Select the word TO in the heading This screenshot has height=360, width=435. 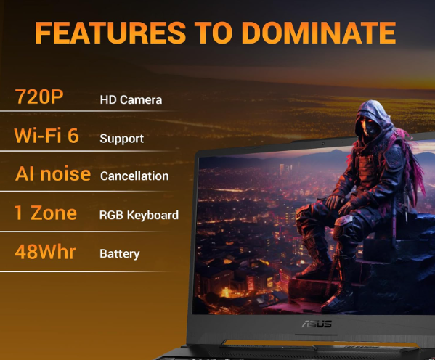tap(220, 33)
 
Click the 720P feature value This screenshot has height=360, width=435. tap(39, 97)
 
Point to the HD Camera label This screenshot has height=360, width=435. tap(131, 99)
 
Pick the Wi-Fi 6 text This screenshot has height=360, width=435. tap(46, 136)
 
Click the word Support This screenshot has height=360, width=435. tap(121, 139)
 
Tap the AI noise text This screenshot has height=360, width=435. tap(53, 174)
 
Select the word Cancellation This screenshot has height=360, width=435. tap(134, 176)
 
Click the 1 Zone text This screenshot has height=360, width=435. tap(46, 213)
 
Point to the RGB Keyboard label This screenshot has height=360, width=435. tap(139, 215)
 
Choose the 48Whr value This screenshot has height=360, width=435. tap(46, 252)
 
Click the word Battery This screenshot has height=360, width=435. tap(119, 254)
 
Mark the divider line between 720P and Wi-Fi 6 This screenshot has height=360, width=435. tap(87, 113)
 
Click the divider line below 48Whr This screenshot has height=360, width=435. tap(87, 271)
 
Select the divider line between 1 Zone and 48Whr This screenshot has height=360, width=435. tap(87, 232)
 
